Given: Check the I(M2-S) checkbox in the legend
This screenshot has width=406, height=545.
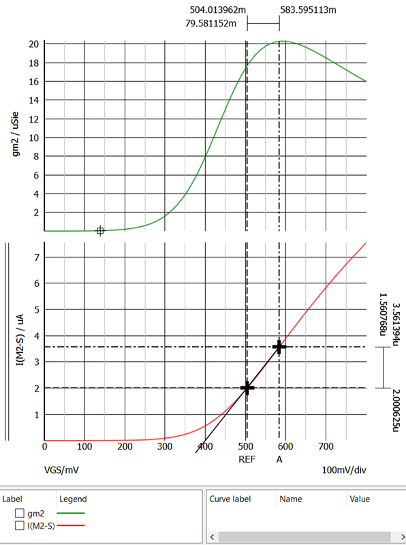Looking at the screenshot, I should [20, 525].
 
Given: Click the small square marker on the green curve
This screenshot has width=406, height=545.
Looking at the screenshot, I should [100, 231].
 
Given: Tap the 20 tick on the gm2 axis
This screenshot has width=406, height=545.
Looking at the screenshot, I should [33, 44].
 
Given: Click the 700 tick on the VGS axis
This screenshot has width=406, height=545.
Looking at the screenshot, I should [326, 447].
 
